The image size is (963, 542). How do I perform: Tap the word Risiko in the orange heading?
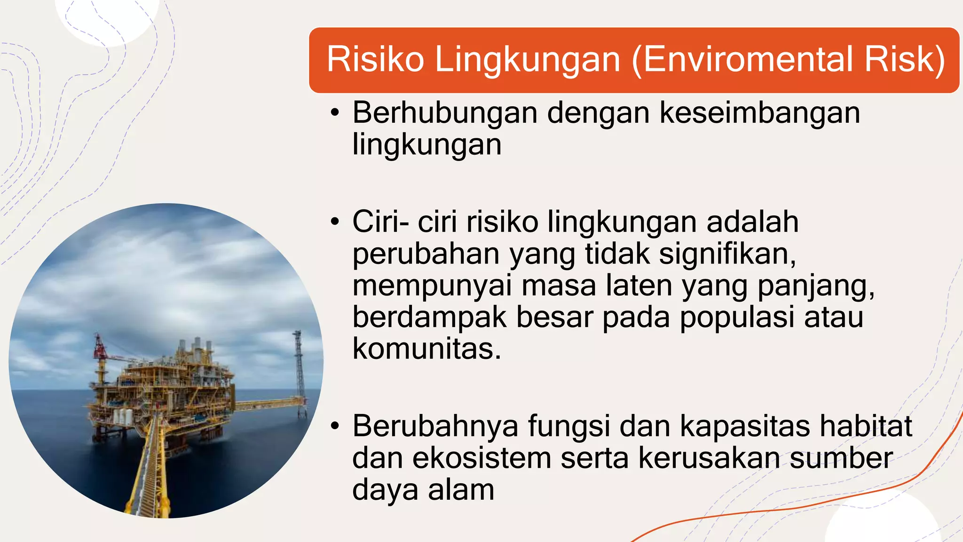pos(375,60)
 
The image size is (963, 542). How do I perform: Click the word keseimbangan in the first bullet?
pos(760,114)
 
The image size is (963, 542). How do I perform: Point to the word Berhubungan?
pos(445,113)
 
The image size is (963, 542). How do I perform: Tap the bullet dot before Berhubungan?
pos(335,113)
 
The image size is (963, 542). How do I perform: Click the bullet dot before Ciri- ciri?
pos(335,222)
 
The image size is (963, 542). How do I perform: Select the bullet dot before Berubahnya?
pos(335,426)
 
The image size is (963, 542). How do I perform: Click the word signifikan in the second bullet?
pos(727,255)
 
